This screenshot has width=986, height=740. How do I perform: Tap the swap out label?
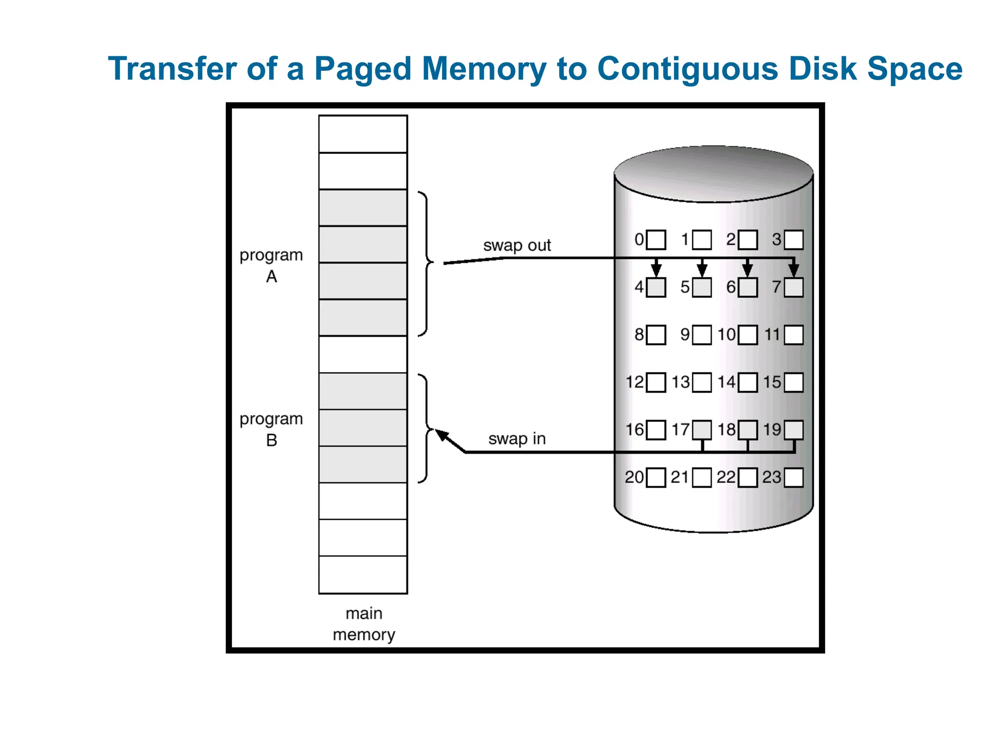tap(517, 245)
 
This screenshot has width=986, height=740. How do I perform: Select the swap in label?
tap(517, 439)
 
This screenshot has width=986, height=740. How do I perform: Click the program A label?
tap(271, 265)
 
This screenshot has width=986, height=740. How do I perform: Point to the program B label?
tap(271, 429)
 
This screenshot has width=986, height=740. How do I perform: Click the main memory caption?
tap(363, 624)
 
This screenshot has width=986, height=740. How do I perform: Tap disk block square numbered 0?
tap(656, 239)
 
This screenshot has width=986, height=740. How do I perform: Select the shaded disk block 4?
tap(656, 288)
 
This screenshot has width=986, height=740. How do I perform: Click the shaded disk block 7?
tap(793, 288)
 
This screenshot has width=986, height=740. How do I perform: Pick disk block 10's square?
tap(748, 335)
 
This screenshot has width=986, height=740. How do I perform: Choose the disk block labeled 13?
tap(701, 383)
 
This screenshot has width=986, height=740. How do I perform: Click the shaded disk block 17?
tap(701, 430)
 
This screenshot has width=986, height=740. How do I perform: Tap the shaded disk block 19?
tap(793, 430)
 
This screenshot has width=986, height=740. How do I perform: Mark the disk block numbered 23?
tap(793, 477)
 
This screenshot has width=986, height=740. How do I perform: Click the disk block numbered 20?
tap(656, 477)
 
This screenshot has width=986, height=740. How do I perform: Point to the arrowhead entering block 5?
tap(702, 270)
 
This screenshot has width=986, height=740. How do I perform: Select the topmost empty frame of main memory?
tap(363, 134)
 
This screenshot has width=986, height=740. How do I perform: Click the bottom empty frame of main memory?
tap(363, 575)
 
